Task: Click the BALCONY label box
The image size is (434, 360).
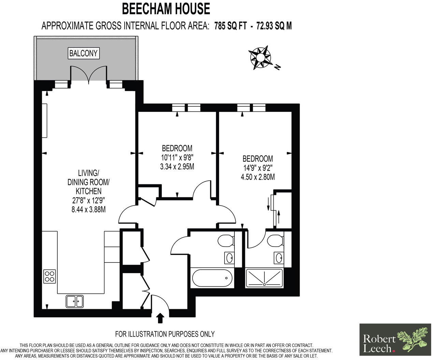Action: tap(84, 53)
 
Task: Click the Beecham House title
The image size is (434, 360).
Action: tap(166, 9)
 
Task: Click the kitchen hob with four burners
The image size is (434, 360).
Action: tap(49, 276)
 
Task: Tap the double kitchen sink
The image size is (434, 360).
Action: tap(75, 301)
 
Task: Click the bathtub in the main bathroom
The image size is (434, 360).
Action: tap(212, 278)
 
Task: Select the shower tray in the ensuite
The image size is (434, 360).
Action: tap(264, 278)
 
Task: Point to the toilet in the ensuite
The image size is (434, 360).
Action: tap(275, 241)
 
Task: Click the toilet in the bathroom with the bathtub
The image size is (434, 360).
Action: tap(226, 241)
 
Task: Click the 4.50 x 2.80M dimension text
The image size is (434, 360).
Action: tap(258, 177)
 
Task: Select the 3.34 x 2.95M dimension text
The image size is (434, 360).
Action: tap(177, 167)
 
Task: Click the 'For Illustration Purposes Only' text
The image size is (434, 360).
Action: tap(165, 334)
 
